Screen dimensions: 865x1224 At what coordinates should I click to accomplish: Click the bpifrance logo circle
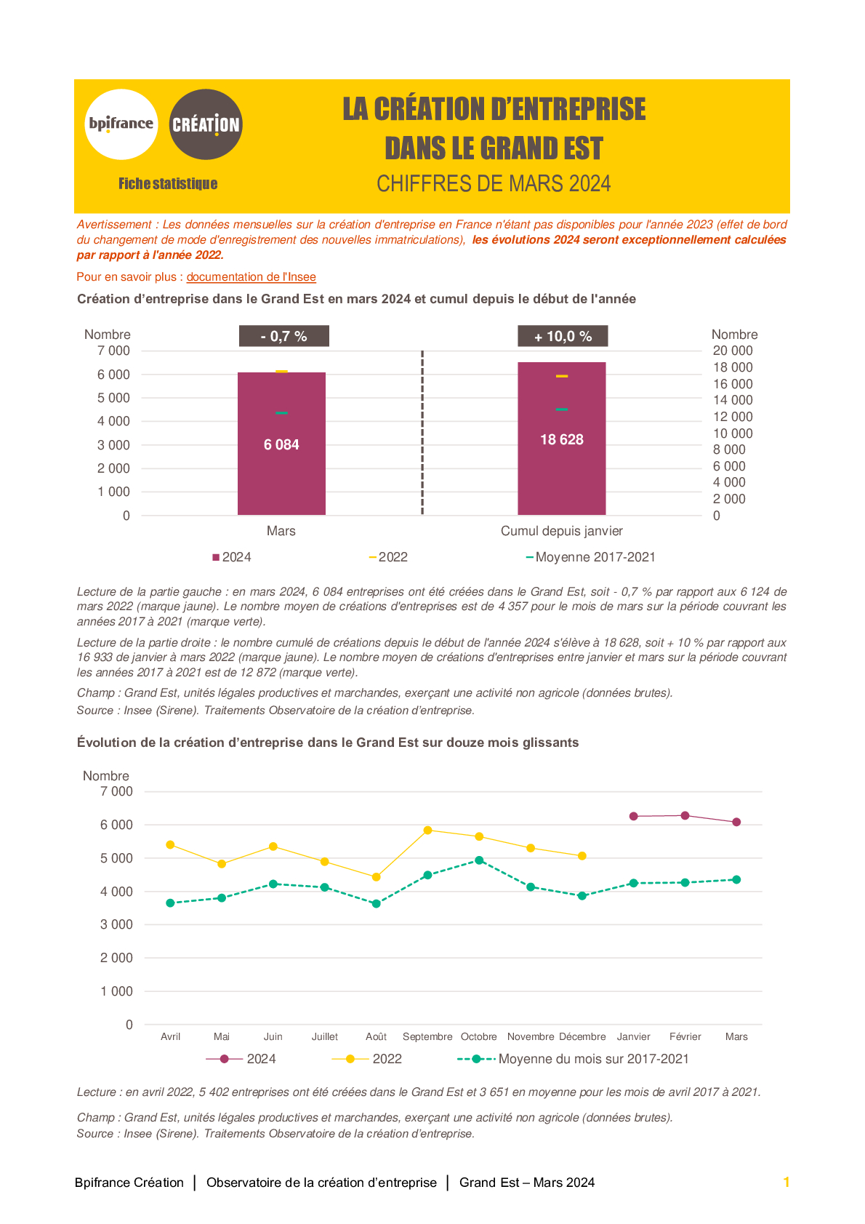click(x=121, y=124)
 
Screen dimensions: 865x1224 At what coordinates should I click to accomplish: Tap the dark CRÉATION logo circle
click(x=206, y=124)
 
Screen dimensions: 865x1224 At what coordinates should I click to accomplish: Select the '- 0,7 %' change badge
click(x=284, y=336)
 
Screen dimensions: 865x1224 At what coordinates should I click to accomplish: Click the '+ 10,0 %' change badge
click(x=563, y=336)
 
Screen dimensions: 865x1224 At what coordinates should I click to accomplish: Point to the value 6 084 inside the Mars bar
click(x=281, y=444)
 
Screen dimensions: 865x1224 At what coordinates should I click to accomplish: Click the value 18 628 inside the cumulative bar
click(x=561, y=439)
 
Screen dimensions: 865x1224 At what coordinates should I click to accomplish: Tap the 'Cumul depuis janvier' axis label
click(x=561, y=531)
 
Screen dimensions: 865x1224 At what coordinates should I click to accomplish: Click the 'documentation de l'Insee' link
click(x=252, y=276)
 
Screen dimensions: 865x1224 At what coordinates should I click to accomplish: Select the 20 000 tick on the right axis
click(x=732, y=351)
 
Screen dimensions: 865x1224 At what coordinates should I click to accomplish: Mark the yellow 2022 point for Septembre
click(x=427, y=830)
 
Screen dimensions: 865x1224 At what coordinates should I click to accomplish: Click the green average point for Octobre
click(x=479, y=860)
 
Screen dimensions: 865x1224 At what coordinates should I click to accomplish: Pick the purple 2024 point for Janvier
click(x=633, y=816)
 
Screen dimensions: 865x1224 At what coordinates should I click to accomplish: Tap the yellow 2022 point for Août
click(x=376, y=877)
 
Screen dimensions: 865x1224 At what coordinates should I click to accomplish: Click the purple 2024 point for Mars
click(x=736, y=822)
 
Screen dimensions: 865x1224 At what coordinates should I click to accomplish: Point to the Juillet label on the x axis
click(x=324, y=1036)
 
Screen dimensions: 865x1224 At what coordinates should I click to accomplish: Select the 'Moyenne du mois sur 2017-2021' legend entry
click(x=573, y=1058)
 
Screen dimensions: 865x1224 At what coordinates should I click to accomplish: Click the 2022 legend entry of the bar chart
click(x=388, y=557)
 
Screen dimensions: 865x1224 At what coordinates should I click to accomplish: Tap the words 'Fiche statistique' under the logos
click(x=168, y=183)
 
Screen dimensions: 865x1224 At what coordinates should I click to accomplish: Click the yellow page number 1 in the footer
click(x=786, y=1182)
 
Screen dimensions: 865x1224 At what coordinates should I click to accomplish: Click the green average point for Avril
click(x=170, y=903)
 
